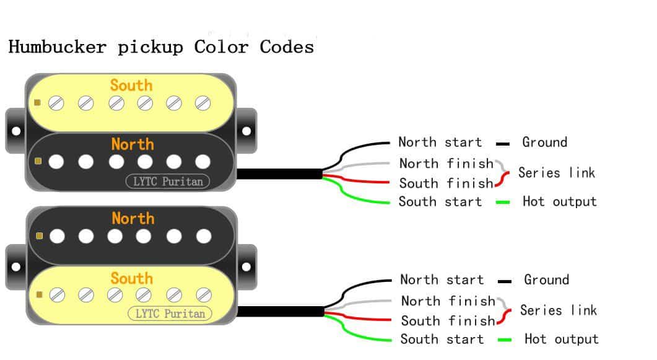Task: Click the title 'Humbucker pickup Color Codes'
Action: [x=161, y=47]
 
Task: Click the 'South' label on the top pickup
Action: [x=131, y=86]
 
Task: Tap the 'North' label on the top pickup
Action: [x=133, y=144]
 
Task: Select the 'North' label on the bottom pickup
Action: [x=133, y=219]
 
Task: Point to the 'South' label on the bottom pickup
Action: [x=132, y=278]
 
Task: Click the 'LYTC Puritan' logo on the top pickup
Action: [x=168, y=181]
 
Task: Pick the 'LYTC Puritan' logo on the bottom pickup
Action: [x=170, y=314]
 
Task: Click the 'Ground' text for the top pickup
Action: [x=544, y=143]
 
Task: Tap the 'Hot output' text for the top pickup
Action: [x=559, y=201]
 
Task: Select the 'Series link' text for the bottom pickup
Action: [x=558, y=310]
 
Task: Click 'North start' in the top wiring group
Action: [x=440, y=143]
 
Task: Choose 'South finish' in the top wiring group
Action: [x=446, y=183]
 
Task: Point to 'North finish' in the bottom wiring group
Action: [x=448, y=301]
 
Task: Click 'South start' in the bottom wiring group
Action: [x=442, y=340]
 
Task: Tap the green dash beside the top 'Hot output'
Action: [x=502, y=203]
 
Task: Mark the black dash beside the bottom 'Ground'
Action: [x=504, y=281]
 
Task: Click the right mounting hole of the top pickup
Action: [x=246, y=131]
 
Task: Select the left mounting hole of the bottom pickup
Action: [x=15, y=267]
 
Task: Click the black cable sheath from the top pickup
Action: [x=279, y=174]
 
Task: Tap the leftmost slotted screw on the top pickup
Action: [x=56, y=103]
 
